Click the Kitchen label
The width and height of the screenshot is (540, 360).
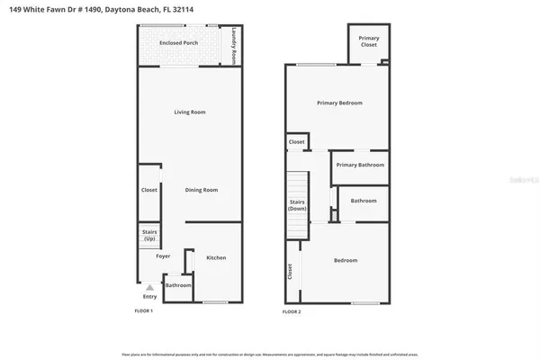pos(216,257)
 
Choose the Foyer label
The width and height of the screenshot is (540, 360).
pos(163,256)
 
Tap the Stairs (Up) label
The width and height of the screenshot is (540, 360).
pos(149,236)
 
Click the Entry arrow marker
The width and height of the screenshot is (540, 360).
pos(149,287)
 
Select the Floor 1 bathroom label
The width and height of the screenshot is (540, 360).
pos(177,285)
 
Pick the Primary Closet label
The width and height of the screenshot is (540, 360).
pos(368,40)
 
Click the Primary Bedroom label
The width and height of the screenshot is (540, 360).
pos(339,103)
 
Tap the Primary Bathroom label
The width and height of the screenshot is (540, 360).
pos(360,165)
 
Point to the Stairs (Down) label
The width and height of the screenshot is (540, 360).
pos(298,204)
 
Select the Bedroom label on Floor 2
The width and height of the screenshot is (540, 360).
pos(346,260)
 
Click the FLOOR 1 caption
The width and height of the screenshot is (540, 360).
pos(143,311)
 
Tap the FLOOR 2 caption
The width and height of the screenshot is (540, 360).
pos(292,311)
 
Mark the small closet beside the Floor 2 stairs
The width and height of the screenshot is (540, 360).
pos(297,142)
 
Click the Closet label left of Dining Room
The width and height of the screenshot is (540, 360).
pos(149,190)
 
